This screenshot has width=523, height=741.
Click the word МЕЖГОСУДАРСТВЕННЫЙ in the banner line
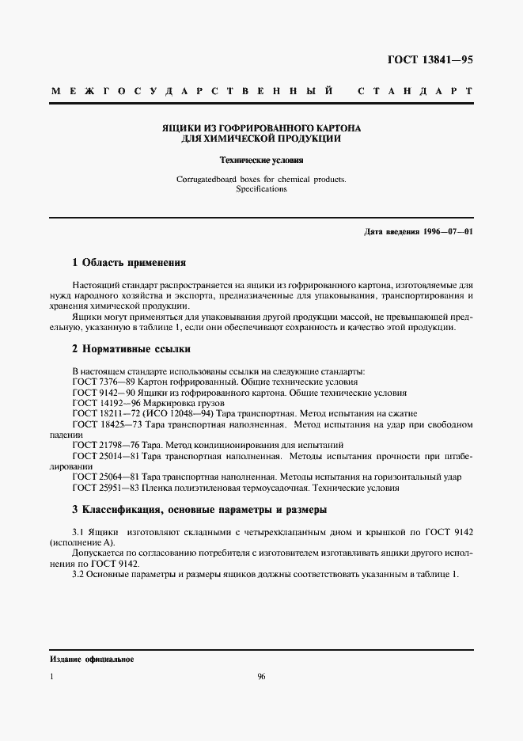coord(191,92)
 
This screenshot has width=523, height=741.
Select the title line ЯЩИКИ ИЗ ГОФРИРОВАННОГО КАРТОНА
coord(261,127)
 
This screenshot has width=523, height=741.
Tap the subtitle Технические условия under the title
coord(261,159)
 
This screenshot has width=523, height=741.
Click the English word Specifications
coord(261,189)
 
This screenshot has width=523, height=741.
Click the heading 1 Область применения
coord(129,262)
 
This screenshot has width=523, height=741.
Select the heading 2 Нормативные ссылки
coord(131,348)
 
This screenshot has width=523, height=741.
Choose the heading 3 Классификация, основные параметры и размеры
coord(199,509)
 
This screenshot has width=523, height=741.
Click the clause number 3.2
coord(78,573)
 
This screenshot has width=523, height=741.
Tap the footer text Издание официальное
coord(92,659)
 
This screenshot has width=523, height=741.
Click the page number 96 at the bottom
coord(262,677)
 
